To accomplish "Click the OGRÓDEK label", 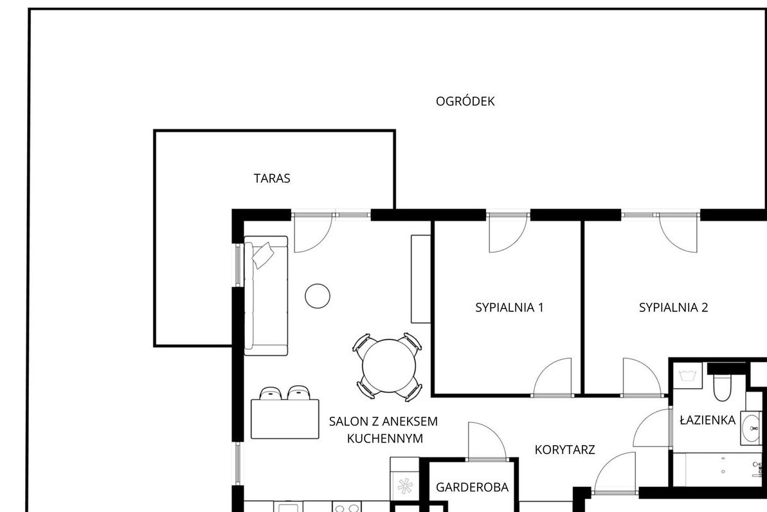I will pyautogui.click(x=465, y=102).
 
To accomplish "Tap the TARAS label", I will pyautogui.click(x=272, y=179).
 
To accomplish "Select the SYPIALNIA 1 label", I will pyautogui.click(x=509, y=307).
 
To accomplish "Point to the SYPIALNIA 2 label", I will pyautogui.click(x=673, y=307).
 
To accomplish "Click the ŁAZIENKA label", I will pyautogui.click(x=707, y=421).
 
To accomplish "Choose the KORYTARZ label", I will pyautogui.click(x=564, y=450).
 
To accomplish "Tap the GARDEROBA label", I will pyautogui.click(x=472, y=488).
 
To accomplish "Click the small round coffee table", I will pyautogui.click(x=318, y=295).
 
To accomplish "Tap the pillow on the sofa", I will pyautogui.click(x=263, y=256).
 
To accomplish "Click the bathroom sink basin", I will pyautogui.click(x=751, y=428).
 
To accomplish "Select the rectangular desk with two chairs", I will pyautogui.click(x=285, y=419).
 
